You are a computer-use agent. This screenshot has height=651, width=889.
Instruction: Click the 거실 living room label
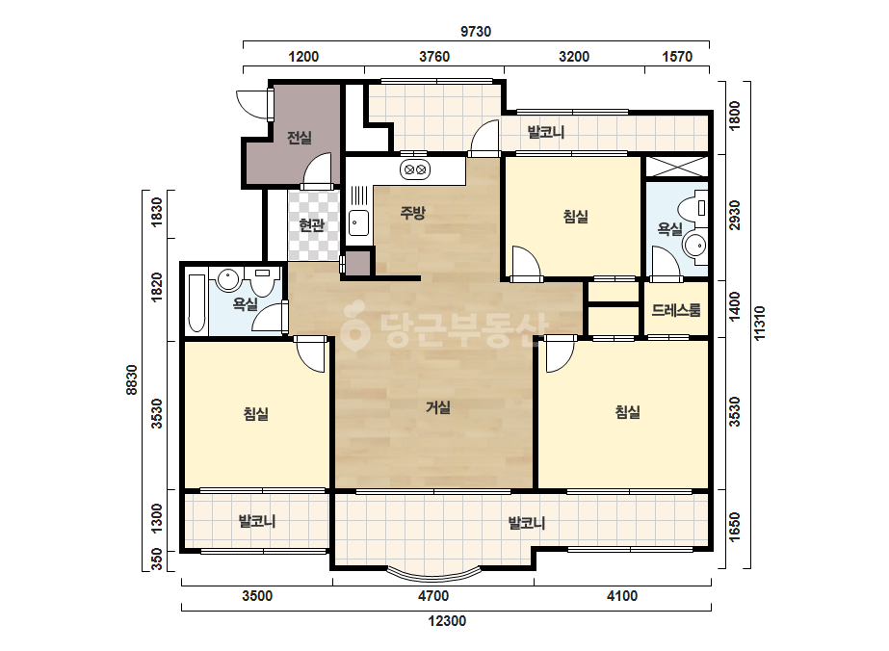coord(437,407)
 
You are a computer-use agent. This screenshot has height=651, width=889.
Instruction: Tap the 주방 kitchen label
coord(413,213)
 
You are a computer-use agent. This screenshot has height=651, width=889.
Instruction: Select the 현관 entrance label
coord(311,225)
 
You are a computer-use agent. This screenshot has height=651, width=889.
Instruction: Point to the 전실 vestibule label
coord(299,138)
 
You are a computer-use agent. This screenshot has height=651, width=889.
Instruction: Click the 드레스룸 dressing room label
coord(676,310)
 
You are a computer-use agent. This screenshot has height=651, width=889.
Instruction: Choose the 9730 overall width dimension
coord(476,31)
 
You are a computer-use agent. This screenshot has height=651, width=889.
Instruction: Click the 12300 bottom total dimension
coord(447,621)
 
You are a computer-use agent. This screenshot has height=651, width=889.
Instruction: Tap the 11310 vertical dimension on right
coord(760,324)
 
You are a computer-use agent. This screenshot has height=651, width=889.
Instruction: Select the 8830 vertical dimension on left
coord(132,379)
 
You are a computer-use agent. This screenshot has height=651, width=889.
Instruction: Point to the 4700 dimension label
coord(433,596)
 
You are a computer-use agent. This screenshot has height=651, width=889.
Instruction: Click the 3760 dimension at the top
coord(434,57)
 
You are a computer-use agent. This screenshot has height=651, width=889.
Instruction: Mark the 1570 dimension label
coord(677,57)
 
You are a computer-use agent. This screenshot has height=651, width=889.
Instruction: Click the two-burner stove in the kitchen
coord(415,169)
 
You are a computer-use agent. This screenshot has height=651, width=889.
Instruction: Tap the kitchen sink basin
coord(358,222)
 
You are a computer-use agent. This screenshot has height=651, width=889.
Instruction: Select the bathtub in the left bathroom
coord(196,303)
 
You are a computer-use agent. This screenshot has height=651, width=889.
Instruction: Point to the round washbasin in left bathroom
coord(228,279)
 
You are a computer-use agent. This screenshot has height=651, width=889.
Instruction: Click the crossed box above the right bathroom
coord(677,167)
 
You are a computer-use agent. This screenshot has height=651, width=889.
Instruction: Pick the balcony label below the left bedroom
coord(257,521)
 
